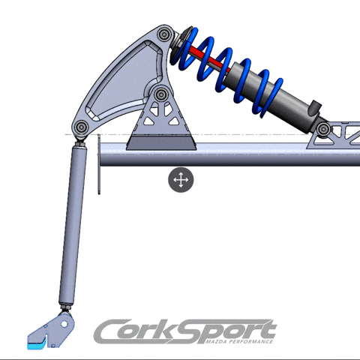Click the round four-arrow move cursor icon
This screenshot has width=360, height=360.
coord(181,180)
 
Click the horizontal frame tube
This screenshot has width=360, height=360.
coord(225,154)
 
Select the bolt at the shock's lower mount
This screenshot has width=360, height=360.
coord(322,130)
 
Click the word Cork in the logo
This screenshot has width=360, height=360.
coord(142,331)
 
